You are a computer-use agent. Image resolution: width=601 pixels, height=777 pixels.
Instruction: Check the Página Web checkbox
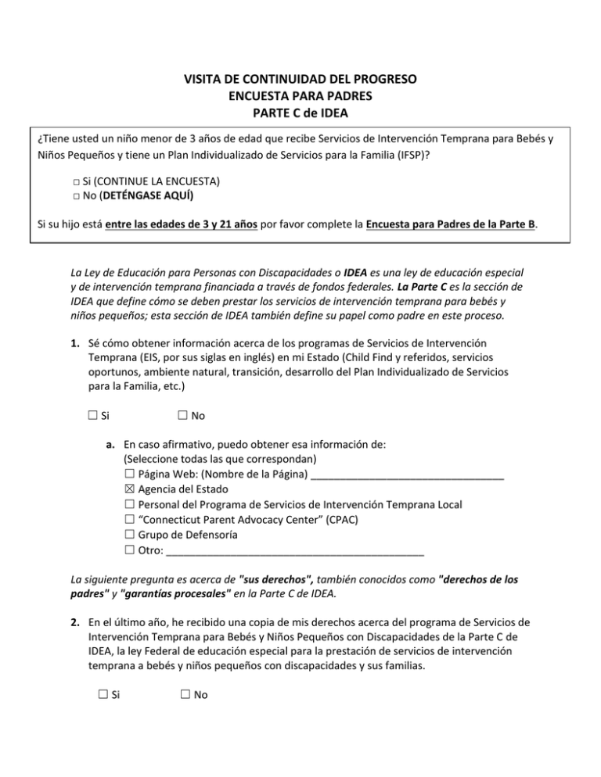[x=129, y=474]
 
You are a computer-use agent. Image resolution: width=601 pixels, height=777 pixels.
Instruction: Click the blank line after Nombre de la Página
[x=407, y=475]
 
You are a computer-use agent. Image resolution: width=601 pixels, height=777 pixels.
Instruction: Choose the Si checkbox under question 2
[x=93, y=693]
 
